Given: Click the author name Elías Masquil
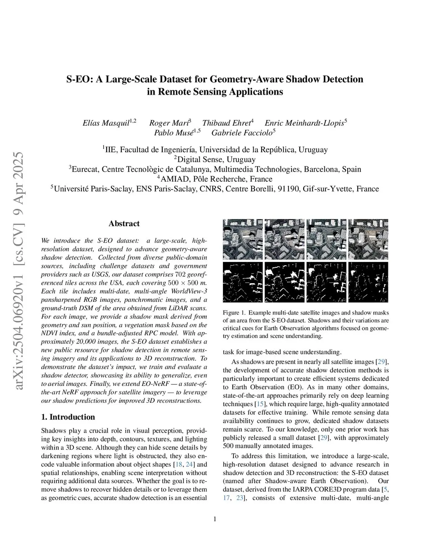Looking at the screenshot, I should pos(106,123).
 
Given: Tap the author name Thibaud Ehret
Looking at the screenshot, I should pos(226,123).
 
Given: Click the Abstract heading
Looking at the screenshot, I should pos(124,224).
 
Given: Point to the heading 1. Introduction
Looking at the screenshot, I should pos(68,417).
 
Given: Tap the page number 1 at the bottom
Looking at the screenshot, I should pos(215,519).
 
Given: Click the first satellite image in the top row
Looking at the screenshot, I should pos(243,239).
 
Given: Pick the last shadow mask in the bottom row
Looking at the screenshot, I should pos(368,282).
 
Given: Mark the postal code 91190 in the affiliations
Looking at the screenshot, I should pos(286,189).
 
